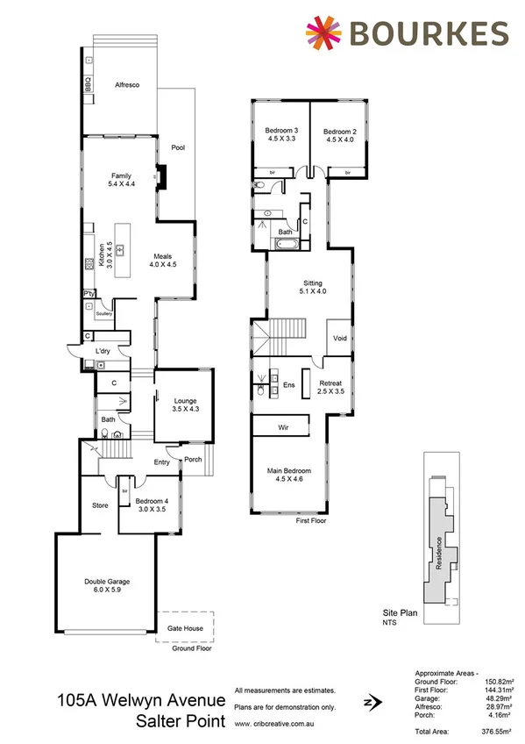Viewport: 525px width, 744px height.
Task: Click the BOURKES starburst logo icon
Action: pyautogui.click(x=323, y=32)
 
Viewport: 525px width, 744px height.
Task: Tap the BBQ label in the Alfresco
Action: pyautogui.click(x=88, y=85)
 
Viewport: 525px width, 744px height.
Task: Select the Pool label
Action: pyautogui.click(x=178, y=147)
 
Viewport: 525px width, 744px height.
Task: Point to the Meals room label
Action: pyautogui.click(x=163, y=255)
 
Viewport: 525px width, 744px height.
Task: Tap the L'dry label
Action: pyautogui.click(x=103, y=352)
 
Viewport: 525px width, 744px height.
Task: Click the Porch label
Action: pyautogui.click(x=192, y=458)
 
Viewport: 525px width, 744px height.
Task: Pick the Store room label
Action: pyautogui.click(x=100, y=505)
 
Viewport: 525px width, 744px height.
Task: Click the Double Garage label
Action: pyautogui.click(x=106, y=581)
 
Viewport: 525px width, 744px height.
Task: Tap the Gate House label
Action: pyautogui.click(x=185, y=628)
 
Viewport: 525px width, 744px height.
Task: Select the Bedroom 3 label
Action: pyautogui.click(x=282, y=131)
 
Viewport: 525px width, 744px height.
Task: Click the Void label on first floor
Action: pyautogui.click(x=340, y=337)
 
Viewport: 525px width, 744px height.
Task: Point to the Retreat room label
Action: pyautogui.click(x=330, y=383)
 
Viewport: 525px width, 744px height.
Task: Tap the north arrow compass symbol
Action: pyautogui.click(x=374, y=701)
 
